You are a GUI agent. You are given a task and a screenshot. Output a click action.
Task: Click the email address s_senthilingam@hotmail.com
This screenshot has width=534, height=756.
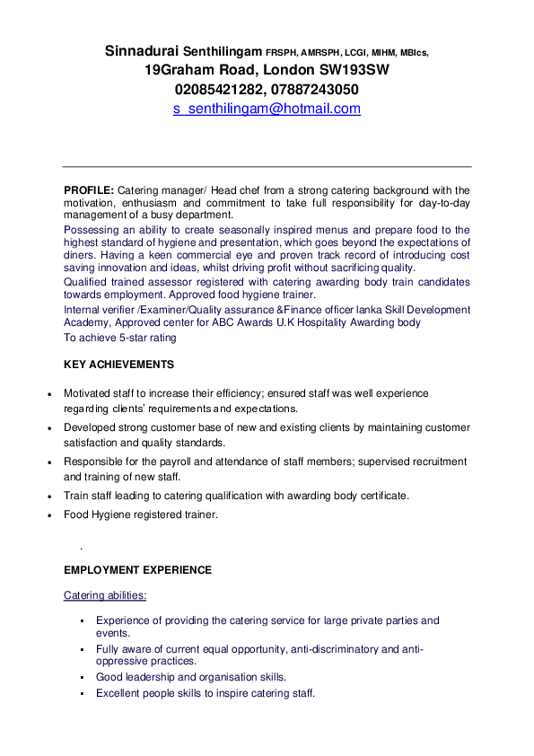click(x=267, y=109)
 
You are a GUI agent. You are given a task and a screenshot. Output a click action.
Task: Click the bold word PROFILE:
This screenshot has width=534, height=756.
click(x=88, y=190)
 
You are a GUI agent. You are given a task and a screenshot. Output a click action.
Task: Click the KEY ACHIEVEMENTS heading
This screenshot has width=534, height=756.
click(x=118, y=365)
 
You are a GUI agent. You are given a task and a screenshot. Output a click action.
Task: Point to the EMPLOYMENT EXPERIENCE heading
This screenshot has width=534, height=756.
click(x=137, y=570)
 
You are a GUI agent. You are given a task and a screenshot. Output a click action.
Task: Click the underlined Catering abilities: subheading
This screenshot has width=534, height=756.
click(x=105, y=595)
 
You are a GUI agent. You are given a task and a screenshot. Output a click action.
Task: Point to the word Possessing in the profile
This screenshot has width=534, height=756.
click(x=93, y=230)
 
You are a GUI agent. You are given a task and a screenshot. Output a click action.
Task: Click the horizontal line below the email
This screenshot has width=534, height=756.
click(x=267, y=167)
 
